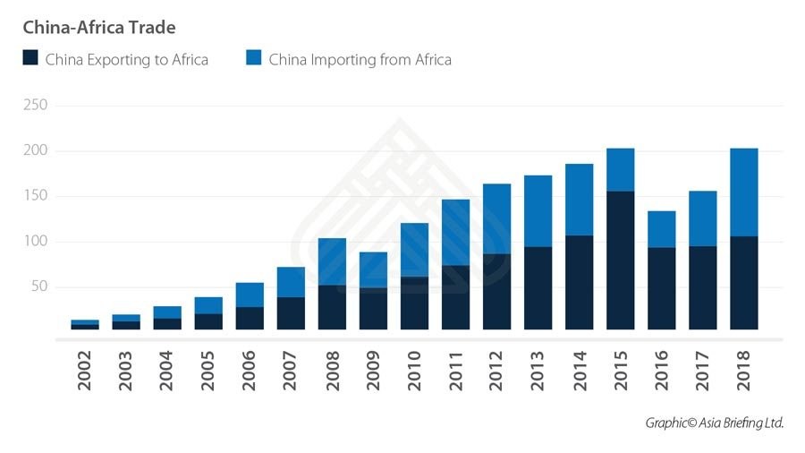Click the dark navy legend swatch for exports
coord(30,59)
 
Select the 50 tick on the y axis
coord(40,287)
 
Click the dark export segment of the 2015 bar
coord(620,260)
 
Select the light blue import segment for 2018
coord(743,192)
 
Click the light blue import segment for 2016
coord(661,229)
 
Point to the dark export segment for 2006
coord(250,318)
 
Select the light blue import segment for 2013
coord(538,210)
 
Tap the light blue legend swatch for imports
coord(253,59)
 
